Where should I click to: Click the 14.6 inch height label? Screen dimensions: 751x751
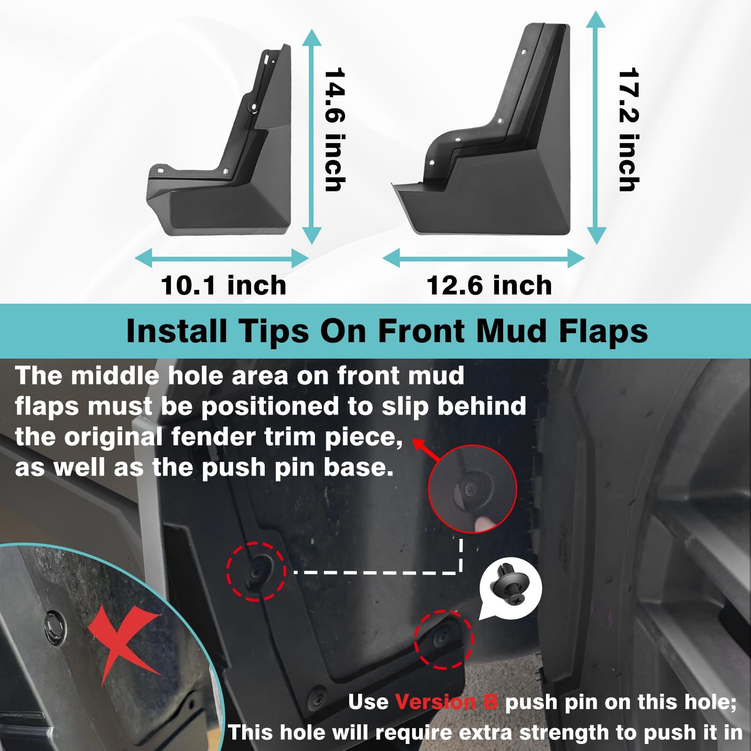point(335,130)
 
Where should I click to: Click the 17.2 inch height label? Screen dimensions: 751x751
point(629,130)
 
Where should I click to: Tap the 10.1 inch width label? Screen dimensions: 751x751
point(223,285)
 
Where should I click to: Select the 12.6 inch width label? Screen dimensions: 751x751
point(489,285)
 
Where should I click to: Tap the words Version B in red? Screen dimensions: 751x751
point(446,703)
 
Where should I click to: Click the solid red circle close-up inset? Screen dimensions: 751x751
point(472,489)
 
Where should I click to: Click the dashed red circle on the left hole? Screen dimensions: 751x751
point(256,571)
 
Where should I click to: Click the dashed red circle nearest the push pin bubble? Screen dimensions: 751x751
point(444,639)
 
